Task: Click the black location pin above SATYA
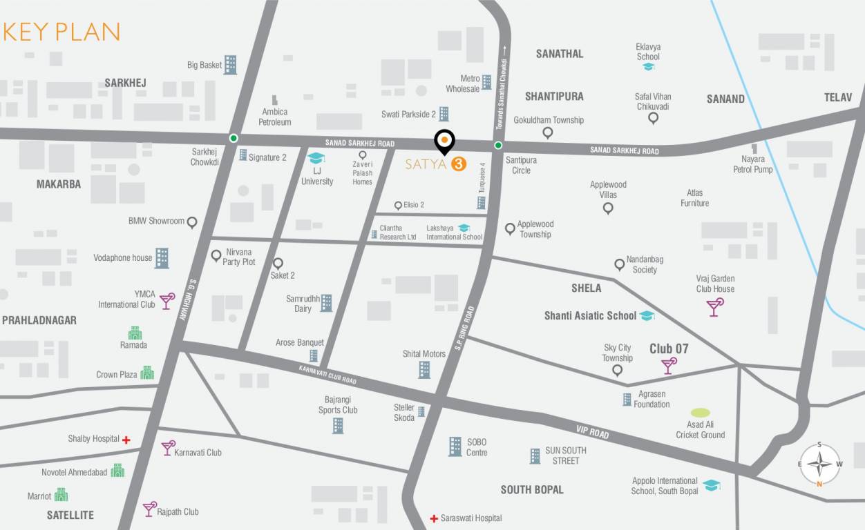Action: click(x=444, y=141)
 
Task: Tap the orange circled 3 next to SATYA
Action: click(x=457, y=164)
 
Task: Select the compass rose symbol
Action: click(x=819, y=464)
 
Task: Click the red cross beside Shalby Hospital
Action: click(x=126, y=440)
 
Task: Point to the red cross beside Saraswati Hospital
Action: click(x=434, y=518)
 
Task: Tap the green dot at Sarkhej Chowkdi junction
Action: click(x=234, y=137)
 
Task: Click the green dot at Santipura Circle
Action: click(x=498, y=145)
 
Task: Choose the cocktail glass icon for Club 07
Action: click(x=669, y=366)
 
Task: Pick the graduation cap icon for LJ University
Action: click(x=316, y=159)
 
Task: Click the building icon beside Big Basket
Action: click(x=230, y=65)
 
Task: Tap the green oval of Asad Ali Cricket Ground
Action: click(x=700, y=413)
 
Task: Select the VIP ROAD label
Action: click(x=592, y=432)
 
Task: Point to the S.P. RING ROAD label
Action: click(x=464, y=328)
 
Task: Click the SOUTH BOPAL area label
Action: click(x=531, y=489)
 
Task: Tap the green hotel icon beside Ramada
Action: click(x=135, y=333)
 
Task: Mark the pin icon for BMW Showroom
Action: click(x=192, y=222)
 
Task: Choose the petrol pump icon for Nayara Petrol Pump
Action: click(x=754, y=148)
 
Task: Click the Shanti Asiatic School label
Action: click(x=590, y=315)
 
